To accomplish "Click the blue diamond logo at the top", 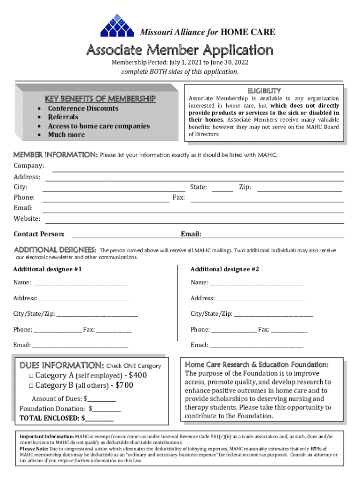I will [x=117, y=25].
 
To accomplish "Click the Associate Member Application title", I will [x=179, y=50].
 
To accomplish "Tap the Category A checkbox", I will [x=31, y=376].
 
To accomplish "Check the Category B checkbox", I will [x=31, y=386].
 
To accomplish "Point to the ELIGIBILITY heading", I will [x=264, y=90].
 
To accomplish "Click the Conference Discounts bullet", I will [x=83, y=109].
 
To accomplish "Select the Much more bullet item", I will [x=66, y=135].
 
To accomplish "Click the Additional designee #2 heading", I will [x=224, y=269].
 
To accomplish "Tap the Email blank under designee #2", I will [x=256, y=346].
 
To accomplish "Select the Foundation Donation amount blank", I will [x=107, y=410].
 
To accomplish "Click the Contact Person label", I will [x=39, y=234].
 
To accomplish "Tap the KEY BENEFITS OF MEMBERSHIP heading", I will [x=100, y=99].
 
